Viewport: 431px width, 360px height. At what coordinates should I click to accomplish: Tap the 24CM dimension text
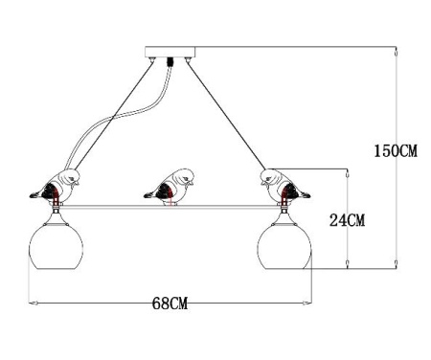click(346, 221)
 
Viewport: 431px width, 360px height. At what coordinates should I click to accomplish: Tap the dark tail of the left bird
click(37, 194)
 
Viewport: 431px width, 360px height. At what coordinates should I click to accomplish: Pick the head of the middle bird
click(185, 174)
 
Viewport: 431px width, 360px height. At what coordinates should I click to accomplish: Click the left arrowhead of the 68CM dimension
click(35, 304)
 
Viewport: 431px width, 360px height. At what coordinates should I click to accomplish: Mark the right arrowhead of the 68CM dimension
click(308, 304)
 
